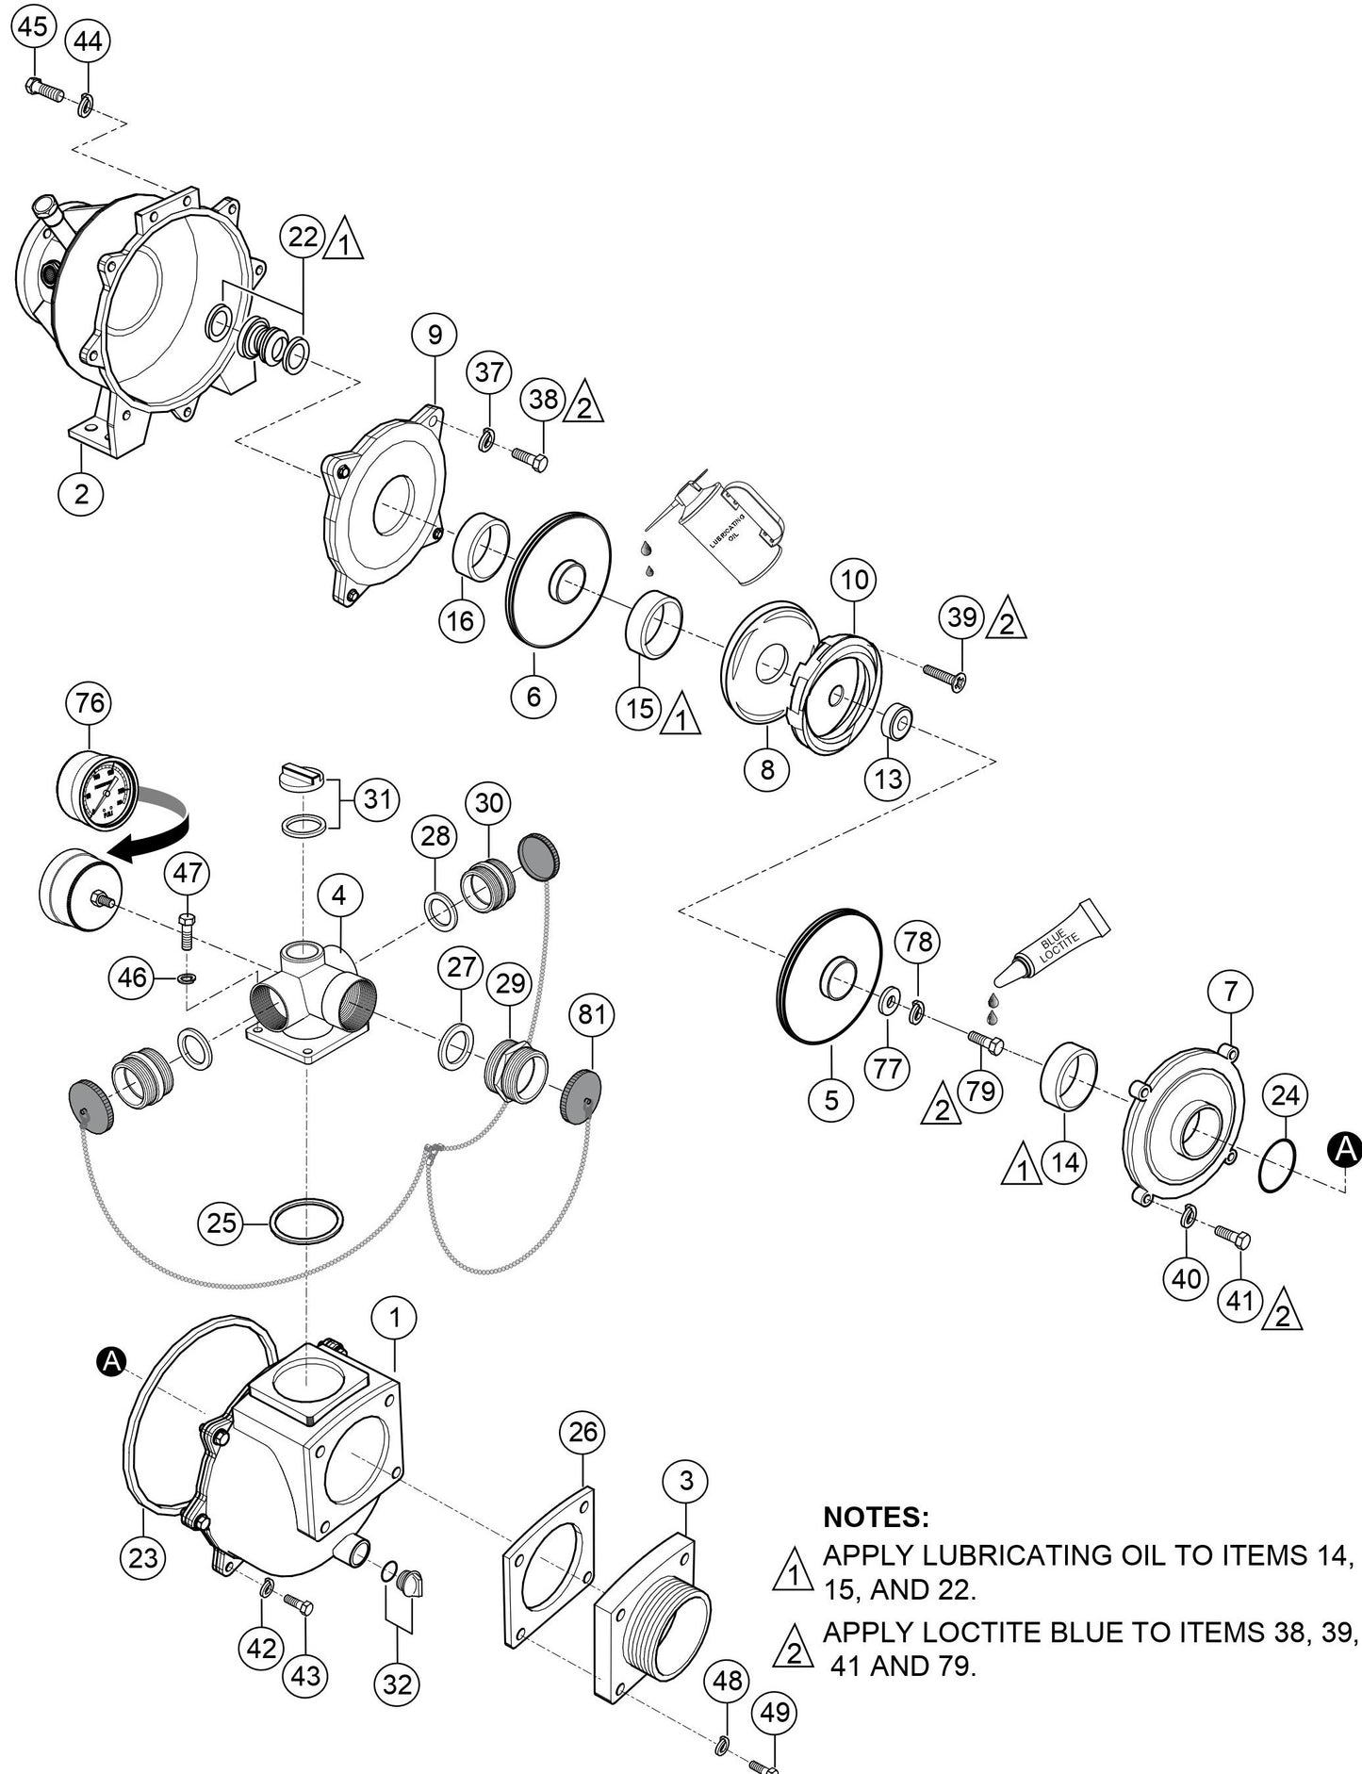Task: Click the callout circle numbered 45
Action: coord(32,26)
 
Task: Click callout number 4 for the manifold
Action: coord(338,895)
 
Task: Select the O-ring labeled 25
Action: coord(306,1223)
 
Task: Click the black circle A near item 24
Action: coord(1345,1148)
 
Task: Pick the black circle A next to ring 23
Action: coord(111,1360)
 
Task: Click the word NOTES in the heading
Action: coord(876,1517)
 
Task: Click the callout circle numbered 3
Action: coord(685,1481)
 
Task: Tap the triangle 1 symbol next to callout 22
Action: coord(342,239)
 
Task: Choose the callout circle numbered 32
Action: coord(397,1684)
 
